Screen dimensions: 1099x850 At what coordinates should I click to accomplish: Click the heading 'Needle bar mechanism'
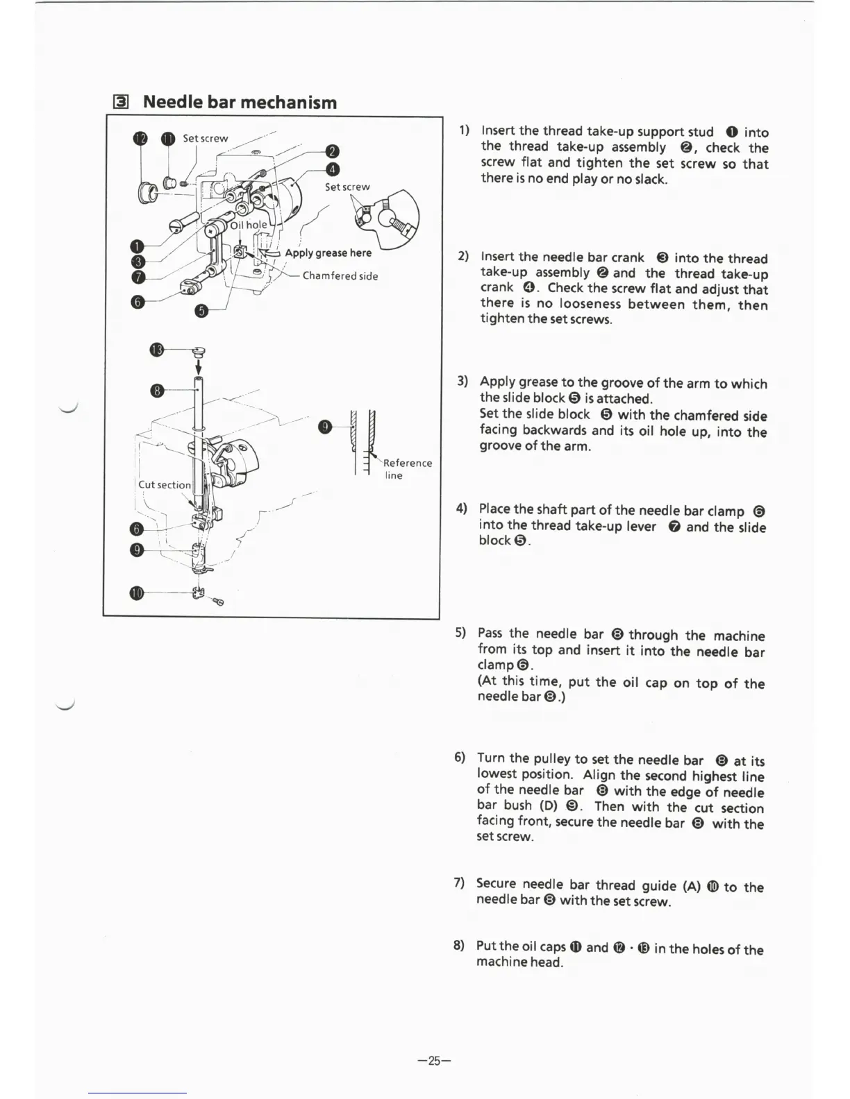[x=240, y=103]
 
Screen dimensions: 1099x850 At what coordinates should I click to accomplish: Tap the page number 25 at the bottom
[x=435, y=1060]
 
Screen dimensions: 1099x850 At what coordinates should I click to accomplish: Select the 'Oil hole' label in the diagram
[x=249, y=225]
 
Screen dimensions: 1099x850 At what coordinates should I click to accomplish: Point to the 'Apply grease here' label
[x=328, y=253]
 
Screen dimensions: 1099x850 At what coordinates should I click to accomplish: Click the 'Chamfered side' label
[x=340, y=275]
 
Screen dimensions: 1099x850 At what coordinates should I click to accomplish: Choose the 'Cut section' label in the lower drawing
[x=165, y=484]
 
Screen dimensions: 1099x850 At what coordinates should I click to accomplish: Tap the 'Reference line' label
[x=407, y=469]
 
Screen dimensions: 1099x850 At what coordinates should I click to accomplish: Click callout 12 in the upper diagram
[x=140, y=138]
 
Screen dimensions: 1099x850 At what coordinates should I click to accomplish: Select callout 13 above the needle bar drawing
[x=157, y=349]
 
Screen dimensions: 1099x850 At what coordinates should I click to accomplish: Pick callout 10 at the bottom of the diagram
[x=137, y=593]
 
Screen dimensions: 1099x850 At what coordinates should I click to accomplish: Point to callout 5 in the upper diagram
[x=201, y=310]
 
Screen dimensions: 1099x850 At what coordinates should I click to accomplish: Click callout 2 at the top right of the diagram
[x=333, y=152]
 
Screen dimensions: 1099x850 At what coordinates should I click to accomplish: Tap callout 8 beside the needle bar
[x=158, y=391]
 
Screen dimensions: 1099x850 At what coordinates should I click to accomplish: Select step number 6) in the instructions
[x=460, y=757]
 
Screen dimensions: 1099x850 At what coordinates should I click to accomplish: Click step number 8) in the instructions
[x=459, y=945]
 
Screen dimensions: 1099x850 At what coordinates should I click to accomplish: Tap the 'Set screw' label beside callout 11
[x=205, y=138]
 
